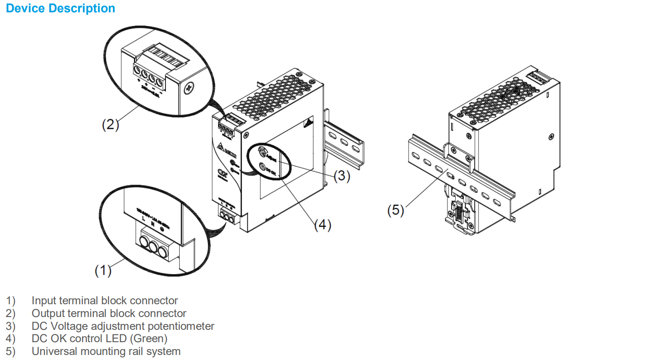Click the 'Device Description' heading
(x=60, y=8)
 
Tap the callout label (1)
(x=103, y=270)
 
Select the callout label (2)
(x=110, y=125)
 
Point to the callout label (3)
(x=341, y=176)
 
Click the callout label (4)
(x=322, y=225)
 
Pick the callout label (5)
(x=396, y=210)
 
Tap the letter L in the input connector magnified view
(x=144, y=220)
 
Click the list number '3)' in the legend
(x=11, y=326)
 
